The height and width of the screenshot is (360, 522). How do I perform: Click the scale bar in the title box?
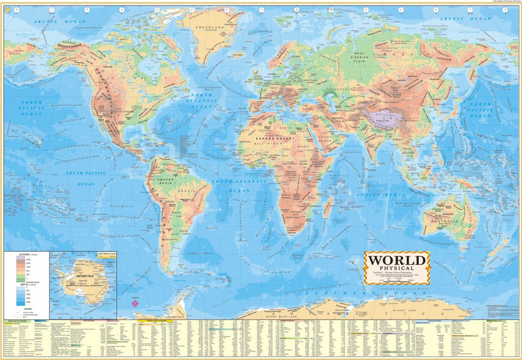[x=395, y=278]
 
